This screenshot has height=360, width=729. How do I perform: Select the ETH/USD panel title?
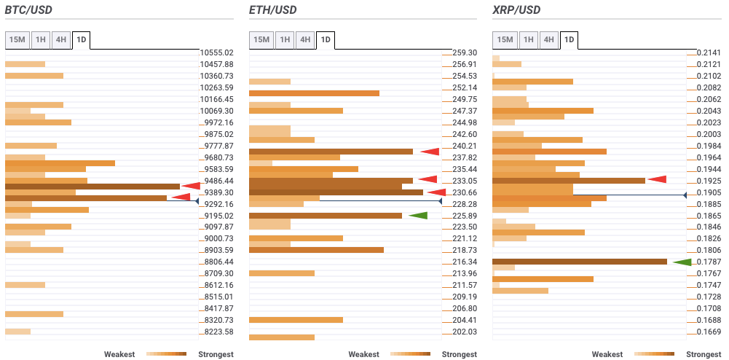pyautogui.click(x=272, y=10)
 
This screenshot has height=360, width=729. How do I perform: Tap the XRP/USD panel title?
pyautogui.click(x=516, y=10)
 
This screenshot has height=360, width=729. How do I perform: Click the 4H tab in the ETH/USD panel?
pyautogui.click(x=305, y=39)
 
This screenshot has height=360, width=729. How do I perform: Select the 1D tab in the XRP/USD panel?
pyautogui.click(x=569, y=39)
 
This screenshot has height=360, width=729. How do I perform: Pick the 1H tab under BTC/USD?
pyautogui.click(x=41, y=39)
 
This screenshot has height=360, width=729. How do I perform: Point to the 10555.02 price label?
pyautogui.click(x=217, y=52)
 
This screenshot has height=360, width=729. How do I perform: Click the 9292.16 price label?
pyautogui.click(x=217, y=204)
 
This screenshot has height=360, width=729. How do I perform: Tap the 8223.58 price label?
pyautogui.click(x=217, y=332)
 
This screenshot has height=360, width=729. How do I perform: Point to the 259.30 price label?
pyautogui.click(x=464, y=52)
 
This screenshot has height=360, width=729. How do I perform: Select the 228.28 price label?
pyautogui.click(x=464, y=204)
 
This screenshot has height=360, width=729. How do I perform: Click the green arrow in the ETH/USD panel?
pyautogui.click(x=418, y=216)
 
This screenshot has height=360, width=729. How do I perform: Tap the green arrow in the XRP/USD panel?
pyautogui.click(x=682, y=262)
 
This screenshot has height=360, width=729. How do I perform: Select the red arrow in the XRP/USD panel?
pyautogui.click(x=658, y=180)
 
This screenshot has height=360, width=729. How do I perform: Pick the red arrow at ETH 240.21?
pyautogui.click(x=430, y=152)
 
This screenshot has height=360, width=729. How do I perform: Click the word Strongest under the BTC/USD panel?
pyautogui.click(x=216, y=354)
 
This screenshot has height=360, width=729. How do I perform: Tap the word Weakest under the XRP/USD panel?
pyautogui.click(x=607, y=354)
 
